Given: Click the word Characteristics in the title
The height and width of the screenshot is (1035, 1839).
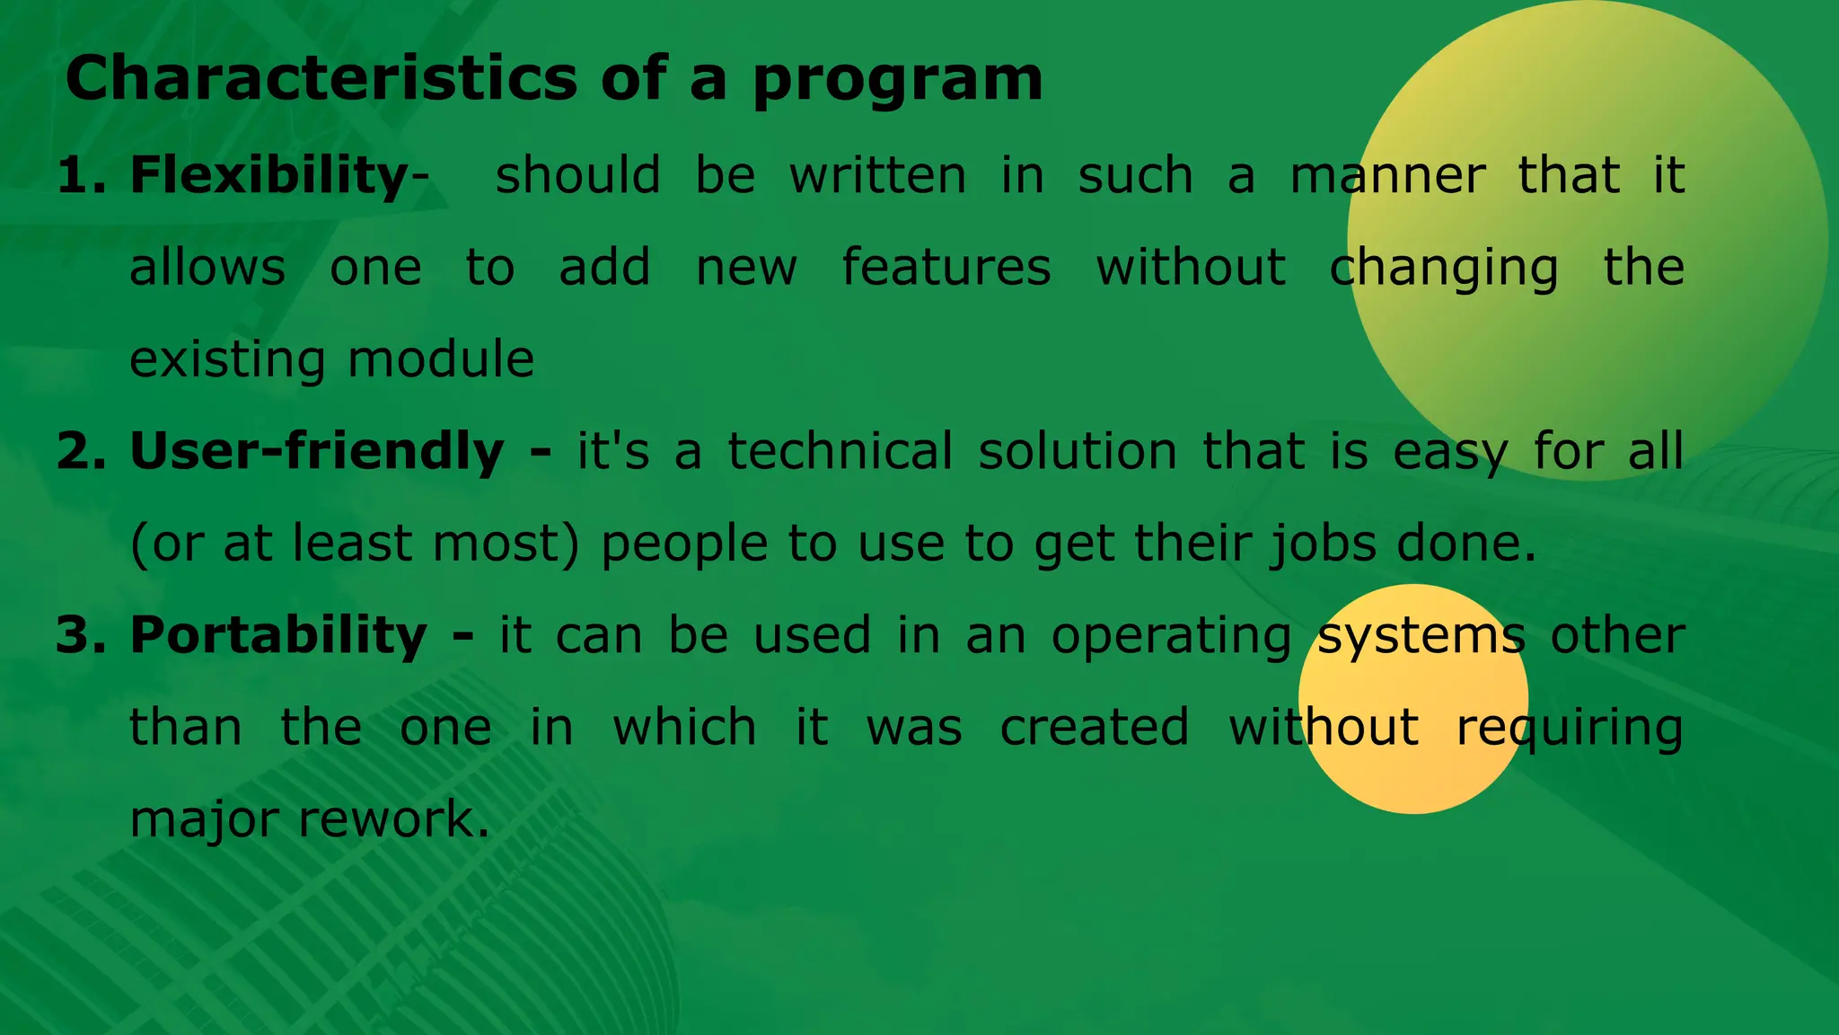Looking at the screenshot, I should point(321,78).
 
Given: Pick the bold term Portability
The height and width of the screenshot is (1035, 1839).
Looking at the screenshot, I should point(278,635).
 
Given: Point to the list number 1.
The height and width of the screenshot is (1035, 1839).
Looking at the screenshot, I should point(79,174).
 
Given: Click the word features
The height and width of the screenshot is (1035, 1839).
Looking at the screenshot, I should point(946,267).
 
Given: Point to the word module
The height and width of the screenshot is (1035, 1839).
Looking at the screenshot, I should point(441,359).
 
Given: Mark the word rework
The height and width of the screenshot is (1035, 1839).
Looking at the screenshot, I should point(393,819).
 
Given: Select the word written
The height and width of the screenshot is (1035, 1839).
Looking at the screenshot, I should point(877,174).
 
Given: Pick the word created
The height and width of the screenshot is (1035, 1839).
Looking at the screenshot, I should point(1094,727).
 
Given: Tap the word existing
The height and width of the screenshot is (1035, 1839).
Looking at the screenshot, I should point(227,359).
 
